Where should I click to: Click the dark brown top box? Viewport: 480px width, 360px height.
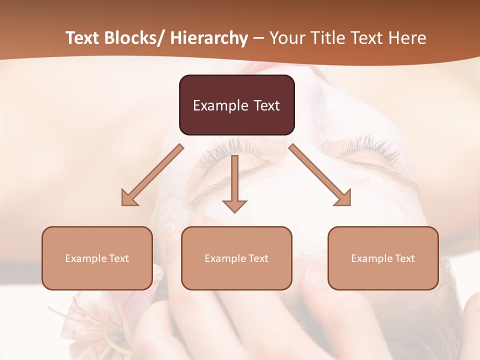(236, 105)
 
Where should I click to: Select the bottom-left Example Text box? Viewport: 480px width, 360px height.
(97, 258)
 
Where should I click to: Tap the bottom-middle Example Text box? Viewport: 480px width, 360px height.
(236, 258)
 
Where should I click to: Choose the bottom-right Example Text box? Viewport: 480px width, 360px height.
(383, 258)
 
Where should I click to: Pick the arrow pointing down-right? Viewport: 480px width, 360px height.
(320, 175)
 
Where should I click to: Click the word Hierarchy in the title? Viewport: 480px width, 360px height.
(209, 38)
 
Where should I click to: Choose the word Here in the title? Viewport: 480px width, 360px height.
(407, 38)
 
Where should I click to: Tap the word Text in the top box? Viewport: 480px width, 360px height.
(266, 105)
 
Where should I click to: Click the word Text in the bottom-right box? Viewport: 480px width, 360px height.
(404, 258)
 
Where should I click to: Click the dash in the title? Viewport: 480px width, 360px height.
(258, 38)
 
